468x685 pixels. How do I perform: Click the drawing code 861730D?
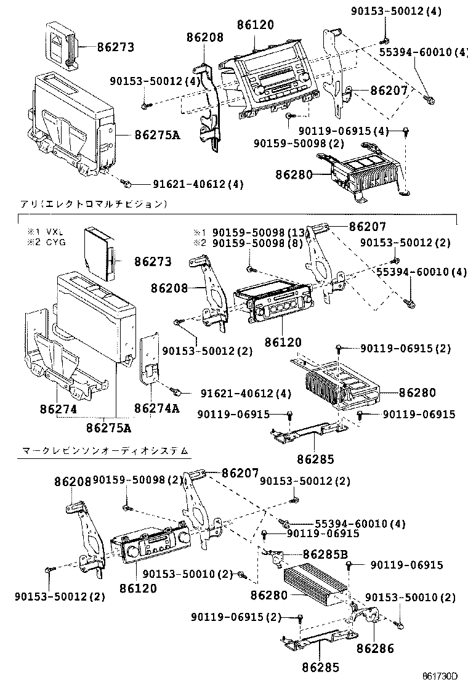click(440, 676)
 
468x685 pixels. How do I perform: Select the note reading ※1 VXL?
click(47, 232)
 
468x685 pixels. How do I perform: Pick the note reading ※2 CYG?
click(47, 242)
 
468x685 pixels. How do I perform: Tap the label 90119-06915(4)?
click(344, 131)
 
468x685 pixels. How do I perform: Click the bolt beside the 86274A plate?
click(175, 392)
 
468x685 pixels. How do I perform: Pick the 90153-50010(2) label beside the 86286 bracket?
click(410, 598)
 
